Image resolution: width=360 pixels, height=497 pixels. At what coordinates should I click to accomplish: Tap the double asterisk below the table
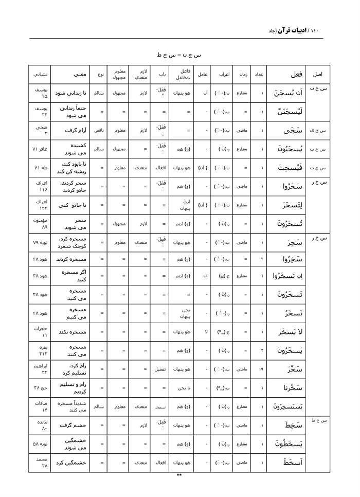[179, 475]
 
